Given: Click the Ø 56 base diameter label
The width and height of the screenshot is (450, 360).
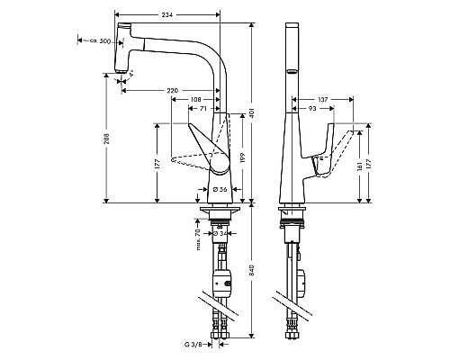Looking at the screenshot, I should pyautogui.click(x=220, y=190).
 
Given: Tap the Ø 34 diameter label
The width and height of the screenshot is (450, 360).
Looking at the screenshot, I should pyautogui.click(x=219, y=234).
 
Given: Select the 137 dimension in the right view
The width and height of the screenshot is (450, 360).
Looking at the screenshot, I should pyautogui.click(x=321, y=99).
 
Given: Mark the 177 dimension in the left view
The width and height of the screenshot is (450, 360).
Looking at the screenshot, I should pyautogui.click(x=157, y=163).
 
